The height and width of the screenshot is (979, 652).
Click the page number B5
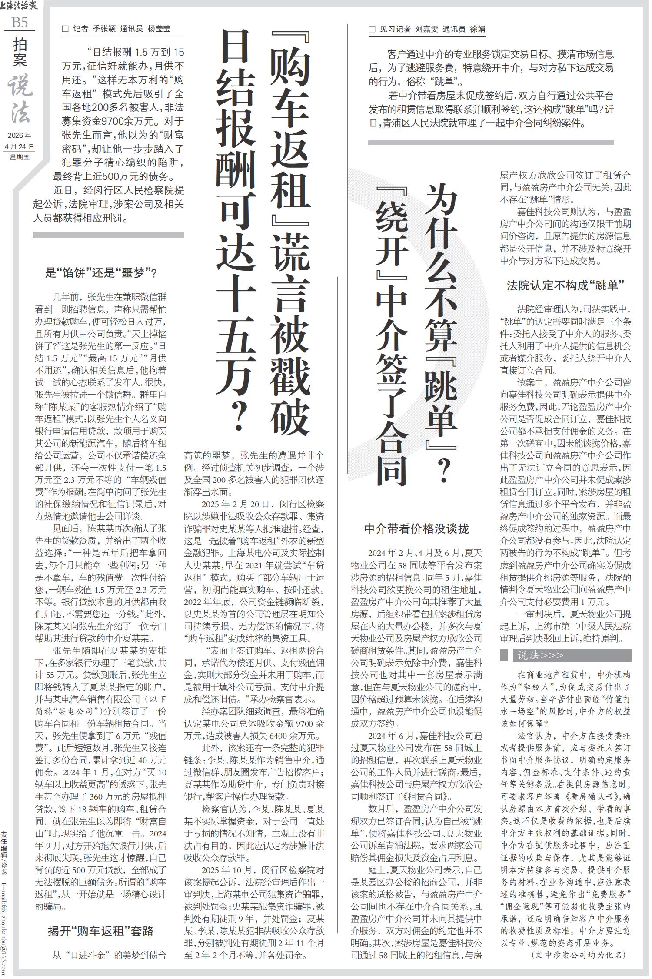click(x=20, y=22)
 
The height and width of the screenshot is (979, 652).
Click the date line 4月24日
click(x=20, y=146)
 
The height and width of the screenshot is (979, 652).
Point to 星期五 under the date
click(x=20, y=157)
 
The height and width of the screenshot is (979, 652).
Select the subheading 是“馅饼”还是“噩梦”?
click(x=101, y=273)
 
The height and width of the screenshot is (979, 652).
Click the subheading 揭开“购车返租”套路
click(x=101, y=931)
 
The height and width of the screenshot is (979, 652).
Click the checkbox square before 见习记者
click(x=372, y=29)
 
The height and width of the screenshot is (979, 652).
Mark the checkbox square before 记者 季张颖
click(x=66, y=29)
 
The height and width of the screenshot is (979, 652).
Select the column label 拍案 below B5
click(x=20, y=52)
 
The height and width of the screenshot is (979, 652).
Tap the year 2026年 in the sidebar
click(x=20, y=136)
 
